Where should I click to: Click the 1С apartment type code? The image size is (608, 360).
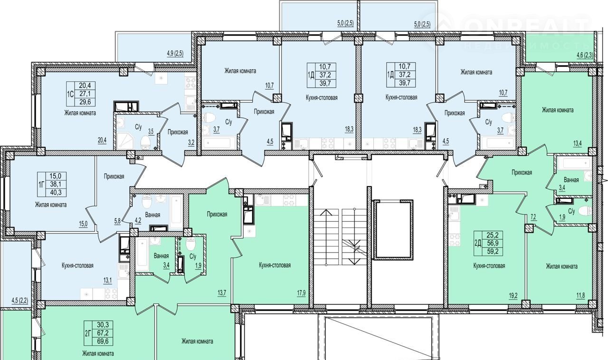click(x=70, y=94)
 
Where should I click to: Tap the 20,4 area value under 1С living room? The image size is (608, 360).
click(x=102, y=140)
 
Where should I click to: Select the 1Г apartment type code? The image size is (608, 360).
click(x=41, y=185)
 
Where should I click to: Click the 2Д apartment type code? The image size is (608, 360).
click(x=477, y=243)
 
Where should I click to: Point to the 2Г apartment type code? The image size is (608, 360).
click(x=88, y=333)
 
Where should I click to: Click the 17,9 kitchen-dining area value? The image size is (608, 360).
click(x=301, y=293)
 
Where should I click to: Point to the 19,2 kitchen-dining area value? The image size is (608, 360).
click(x=513, y=296)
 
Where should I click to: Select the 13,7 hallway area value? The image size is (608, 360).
click(x=222, y=293)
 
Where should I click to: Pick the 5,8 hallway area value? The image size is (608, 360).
click(x=117, y=221)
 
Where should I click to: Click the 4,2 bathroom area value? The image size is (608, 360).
click(x=138, y=220)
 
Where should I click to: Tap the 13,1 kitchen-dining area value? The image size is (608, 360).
click(x=107, y=281)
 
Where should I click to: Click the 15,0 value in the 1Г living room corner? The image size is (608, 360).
click(x=83, y=224)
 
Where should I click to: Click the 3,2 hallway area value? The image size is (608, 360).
click(x=191, y=142)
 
